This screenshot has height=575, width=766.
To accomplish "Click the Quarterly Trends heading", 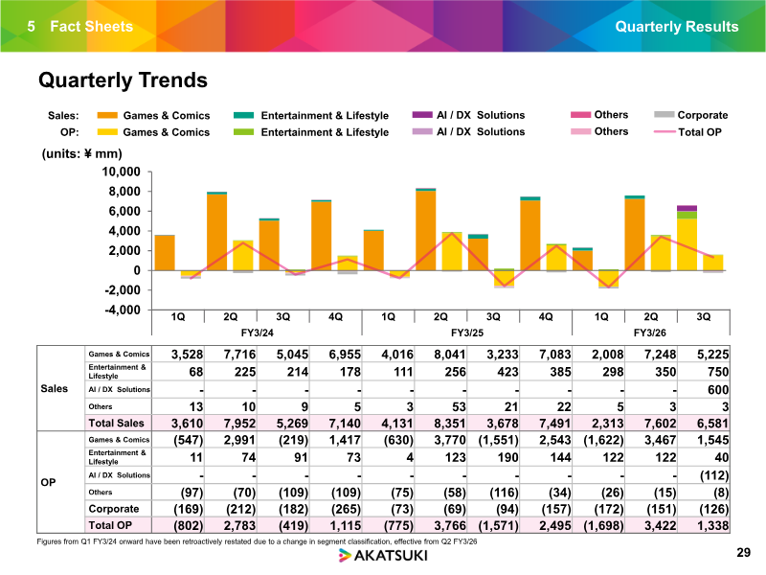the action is click(123, 80).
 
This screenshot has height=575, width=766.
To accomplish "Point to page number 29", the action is click(743, 553).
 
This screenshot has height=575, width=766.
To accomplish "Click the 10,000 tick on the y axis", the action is click(122, 172).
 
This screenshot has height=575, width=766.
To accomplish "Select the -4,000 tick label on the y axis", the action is click(123, 310).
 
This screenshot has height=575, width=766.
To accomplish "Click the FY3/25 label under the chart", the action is click(467, 333).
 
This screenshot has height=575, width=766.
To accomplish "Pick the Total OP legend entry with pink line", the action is click(687, 132).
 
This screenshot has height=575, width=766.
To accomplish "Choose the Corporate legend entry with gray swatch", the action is click(690, 115).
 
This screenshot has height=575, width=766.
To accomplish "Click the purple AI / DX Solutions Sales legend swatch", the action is click(422, 115).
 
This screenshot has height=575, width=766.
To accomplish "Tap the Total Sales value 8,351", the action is click(449, 423).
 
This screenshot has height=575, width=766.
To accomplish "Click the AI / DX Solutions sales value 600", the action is click(717, 390).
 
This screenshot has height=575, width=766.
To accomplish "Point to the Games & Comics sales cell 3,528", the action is click(187, 355).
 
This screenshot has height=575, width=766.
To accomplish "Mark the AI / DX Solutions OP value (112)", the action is click(713, 475).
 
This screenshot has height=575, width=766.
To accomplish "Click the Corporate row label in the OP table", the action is click(114, 509).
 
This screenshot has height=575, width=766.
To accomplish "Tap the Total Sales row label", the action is click(116, 423).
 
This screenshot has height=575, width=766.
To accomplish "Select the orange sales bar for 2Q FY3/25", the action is click(425, 230).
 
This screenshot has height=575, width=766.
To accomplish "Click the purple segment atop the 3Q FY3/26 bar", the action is click(687, 208).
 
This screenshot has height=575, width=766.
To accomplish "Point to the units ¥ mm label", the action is click(82, 153).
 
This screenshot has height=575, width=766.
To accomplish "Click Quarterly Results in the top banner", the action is click(677, 27).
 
